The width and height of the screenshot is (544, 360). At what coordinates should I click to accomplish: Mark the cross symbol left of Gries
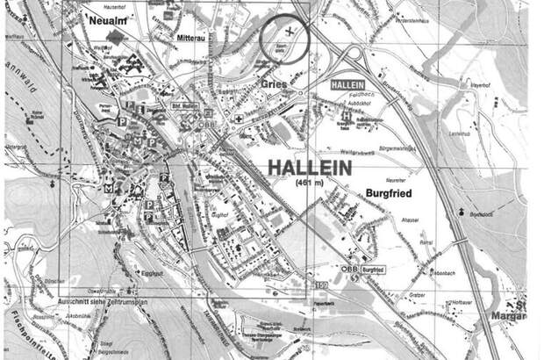(x=240, y=118)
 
